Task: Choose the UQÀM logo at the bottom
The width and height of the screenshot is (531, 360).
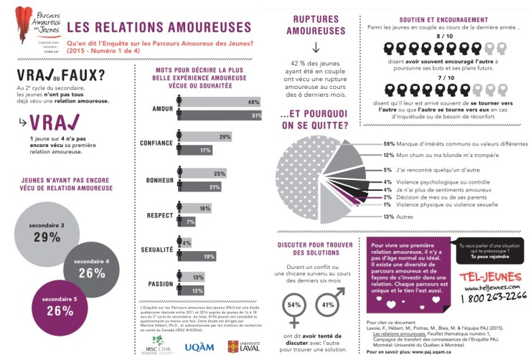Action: click(199, 346)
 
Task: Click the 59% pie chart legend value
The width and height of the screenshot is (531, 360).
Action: click(389, 143)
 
